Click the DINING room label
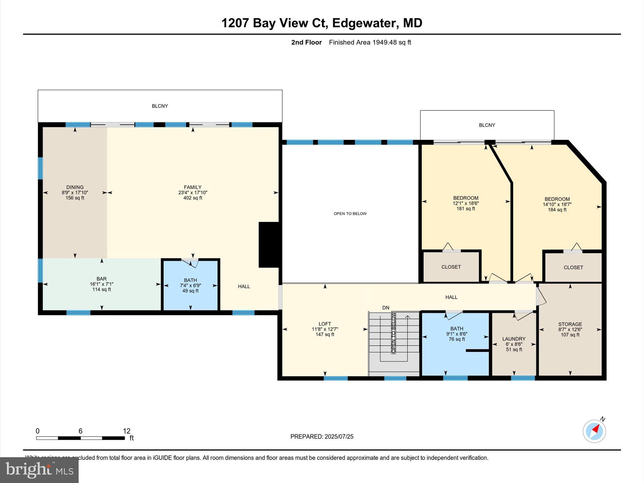(x=75, y=187)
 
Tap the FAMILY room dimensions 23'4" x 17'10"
(x=193, y=192)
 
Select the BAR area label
(x=102, y=279)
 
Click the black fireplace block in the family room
(x=269, y=245)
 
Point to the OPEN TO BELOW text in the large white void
(x=350, y=214)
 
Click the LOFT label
(x=325, y=324)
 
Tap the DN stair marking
(x=386, y=308)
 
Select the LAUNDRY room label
(x=514, y=339)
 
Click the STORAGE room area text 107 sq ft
(x=570, y=335)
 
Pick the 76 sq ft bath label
(x=457, y=339)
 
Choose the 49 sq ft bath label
(x=191, y=291)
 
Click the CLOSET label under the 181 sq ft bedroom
(x=451, y=267)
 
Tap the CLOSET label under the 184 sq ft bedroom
(x=573, y=268)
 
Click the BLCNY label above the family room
(x=160, y=106)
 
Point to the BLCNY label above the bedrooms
(x=487, y=125)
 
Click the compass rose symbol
(x=594, y=431)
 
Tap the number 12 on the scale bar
(x=126, y=431)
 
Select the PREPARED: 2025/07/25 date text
(x=322, y=436)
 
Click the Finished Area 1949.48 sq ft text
(x=370, y=42)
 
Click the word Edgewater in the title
(x=364, y=23)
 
